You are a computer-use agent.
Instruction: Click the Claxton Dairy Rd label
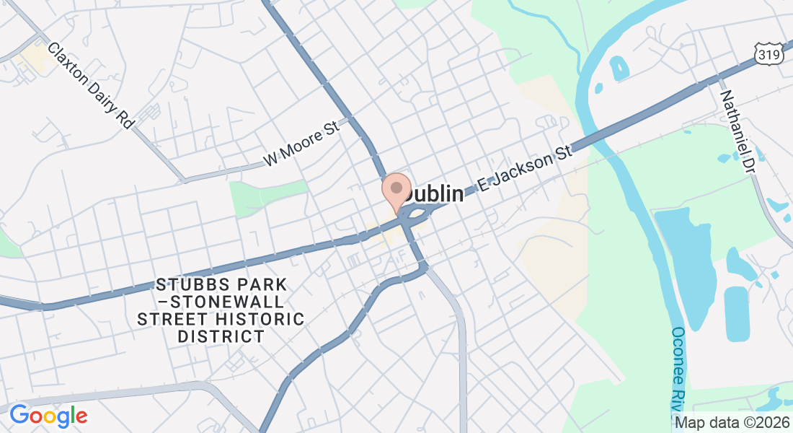92,85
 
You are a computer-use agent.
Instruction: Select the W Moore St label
301,144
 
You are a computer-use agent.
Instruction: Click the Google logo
48,416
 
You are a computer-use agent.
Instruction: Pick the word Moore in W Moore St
304,143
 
